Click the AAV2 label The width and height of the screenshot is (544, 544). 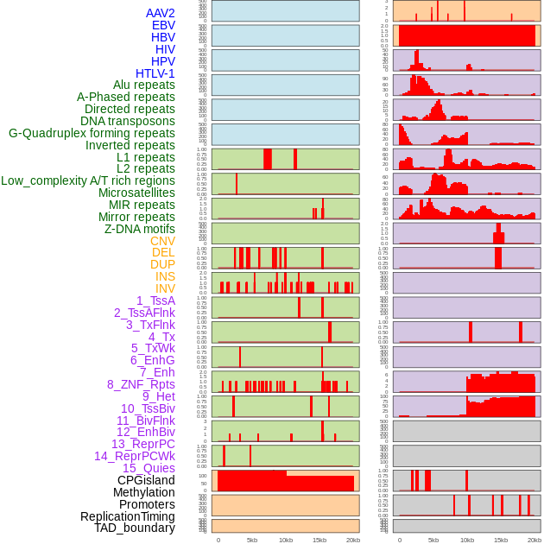pos(161,13)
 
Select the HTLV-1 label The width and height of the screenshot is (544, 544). pos(155,73)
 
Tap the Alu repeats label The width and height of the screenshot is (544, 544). pos(144,85)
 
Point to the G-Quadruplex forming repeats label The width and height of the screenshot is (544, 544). pos(92,133)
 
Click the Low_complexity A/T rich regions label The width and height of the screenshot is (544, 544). pos(88,180)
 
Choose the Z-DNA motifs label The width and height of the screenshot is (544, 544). pos(140,229)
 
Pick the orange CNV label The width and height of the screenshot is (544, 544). pos(162,241)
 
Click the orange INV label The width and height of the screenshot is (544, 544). pos(165,288)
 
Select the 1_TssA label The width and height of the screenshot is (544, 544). pos(155,300)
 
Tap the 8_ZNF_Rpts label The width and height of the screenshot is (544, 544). pos(141,384)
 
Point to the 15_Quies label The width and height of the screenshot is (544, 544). pos(148,468)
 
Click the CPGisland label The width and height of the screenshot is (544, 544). pos(146,480)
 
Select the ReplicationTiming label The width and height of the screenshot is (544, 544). pos(127,516)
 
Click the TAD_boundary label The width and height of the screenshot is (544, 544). pos(135,528)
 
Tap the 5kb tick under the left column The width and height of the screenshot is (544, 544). pos(252,540)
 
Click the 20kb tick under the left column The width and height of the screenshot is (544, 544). pos(353,540)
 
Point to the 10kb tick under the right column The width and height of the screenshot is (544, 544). pos(467,540)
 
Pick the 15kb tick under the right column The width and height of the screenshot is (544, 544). pos(501,540)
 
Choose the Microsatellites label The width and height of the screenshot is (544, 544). pos(136,193)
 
